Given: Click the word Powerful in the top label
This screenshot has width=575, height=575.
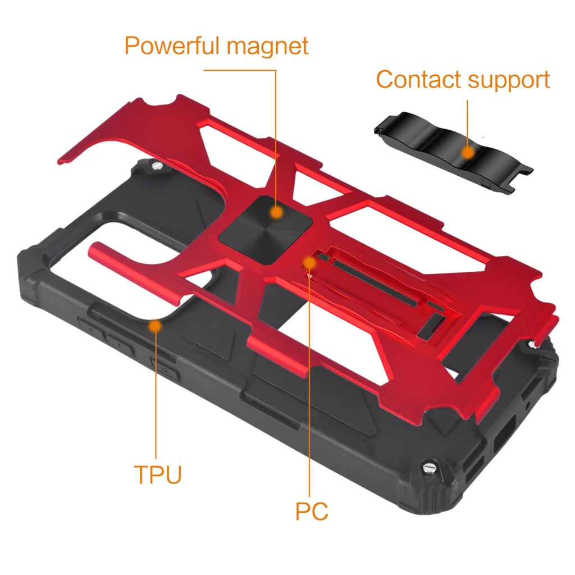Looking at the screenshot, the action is (172, 46).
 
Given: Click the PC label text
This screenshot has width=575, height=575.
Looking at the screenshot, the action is (312, 512).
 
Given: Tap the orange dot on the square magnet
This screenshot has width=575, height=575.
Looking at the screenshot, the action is (276, 212).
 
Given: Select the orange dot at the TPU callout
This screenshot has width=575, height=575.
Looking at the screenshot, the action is (156, 325).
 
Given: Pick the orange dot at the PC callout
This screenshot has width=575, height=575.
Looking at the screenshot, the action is (309, 262).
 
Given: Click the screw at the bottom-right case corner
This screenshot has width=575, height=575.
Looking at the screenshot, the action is (429, 466).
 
